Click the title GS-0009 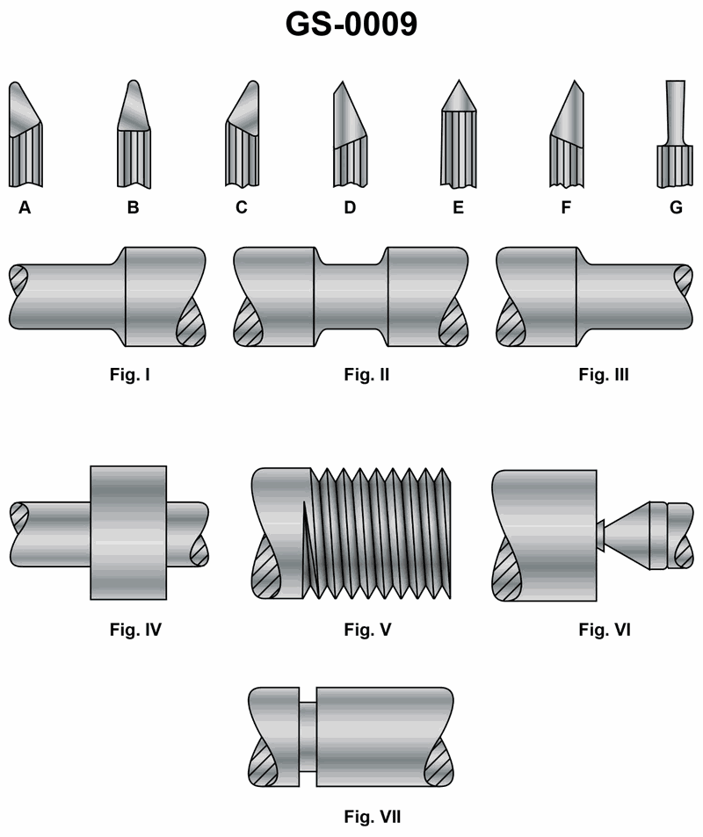(351, 25)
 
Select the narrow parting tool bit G (675, 141)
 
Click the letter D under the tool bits (350, 208)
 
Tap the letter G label (676, 208)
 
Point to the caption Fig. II (366, 375)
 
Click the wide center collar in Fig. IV (127, 532)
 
